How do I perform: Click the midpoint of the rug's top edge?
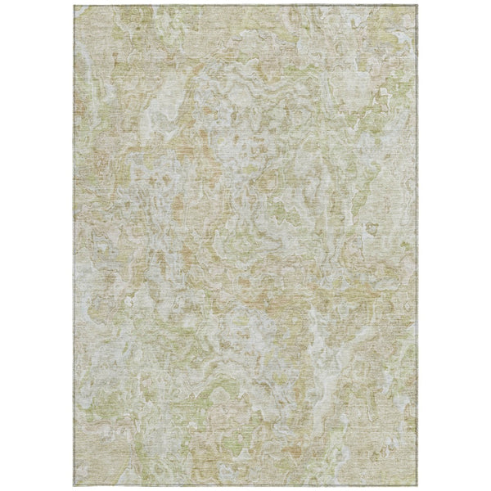pyautogui.click(x=245, y=5)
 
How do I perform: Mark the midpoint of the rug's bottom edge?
pyautogui.click(x=245, y=486)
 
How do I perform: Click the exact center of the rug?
pyautogui.click(x=245, y=245)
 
